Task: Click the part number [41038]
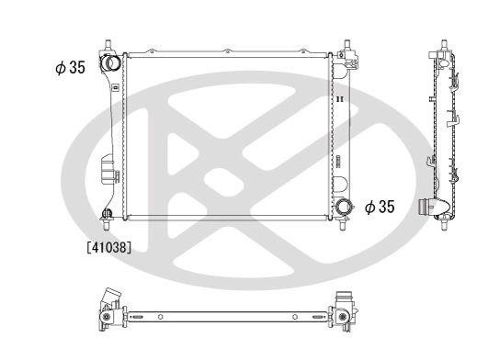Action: (109, 246)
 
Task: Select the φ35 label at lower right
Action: (379, 208)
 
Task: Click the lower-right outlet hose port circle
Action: (345, 208)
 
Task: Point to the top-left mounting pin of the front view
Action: (108, 45)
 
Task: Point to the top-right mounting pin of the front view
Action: (347, 45)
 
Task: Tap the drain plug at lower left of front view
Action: (107, 215)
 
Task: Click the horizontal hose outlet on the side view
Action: (428, 208)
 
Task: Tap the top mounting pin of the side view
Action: (445, 45)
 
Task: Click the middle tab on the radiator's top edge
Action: (226, 51)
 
